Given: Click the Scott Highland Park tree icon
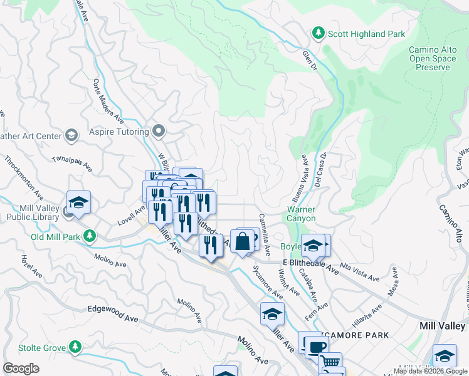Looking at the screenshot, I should point(319,33).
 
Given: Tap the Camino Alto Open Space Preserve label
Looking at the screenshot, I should point(429,58).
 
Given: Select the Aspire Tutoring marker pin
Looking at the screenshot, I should point(159,131).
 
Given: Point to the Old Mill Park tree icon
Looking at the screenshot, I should point(90,236).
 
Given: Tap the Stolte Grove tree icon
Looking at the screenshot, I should point(75,346).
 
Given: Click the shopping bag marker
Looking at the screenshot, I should point(243,241).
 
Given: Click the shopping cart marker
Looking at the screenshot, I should point(330,362).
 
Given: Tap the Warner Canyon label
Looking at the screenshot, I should point(301,214).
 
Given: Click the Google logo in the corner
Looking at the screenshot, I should point(21,368).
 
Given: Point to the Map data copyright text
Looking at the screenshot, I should point(430,371).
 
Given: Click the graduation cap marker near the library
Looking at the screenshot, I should point(79,202).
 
